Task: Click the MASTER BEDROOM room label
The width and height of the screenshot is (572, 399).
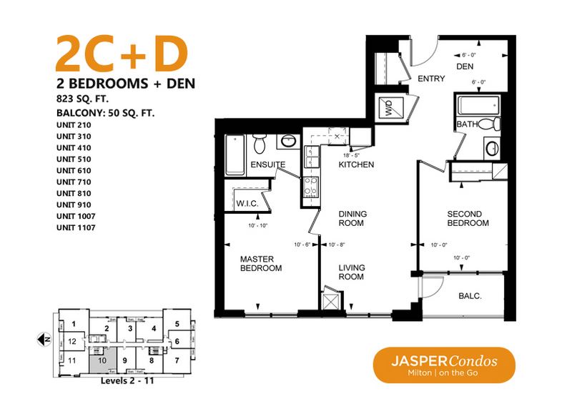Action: pyautogui.click(x=260, y=263)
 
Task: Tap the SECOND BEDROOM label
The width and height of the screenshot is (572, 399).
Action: pyautogui.click(x=468, y=218)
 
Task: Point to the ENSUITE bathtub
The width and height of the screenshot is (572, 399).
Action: pyautogui.click(x=235, y=155)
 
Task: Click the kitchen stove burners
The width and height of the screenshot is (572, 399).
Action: pyautogui.click(x=312, y=187)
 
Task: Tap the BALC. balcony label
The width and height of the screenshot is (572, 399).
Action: pyautogui.click(x=469, y=295)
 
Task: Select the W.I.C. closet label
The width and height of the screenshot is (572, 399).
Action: pyautogui.click(x=246, y=204)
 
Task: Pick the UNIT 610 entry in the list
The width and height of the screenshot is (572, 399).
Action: pyautogui.click(x=74, y=170)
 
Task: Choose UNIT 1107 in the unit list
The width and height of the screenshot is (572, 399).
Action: pyautogui.click(x=76, y=227)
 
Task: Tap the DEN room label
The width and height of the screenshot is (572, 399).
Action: pyautogui.click(x=466, y=67)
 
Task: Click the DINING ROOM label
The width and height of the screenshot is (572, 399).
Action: pyautogui.click(x=352, y=218)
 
